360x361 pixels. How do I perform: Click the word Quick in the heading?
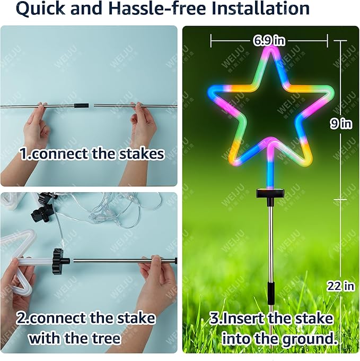(x=43, y=9)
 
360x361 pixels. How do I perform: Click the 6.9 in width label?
(x=269, y=40)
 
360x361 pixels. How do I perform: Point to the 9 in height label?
(x=341, y=124)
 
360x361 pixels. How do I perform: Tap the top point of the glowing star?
(x=270, y=50)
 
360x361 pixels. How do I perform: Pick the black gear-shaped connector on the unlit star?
(x=60, y=260)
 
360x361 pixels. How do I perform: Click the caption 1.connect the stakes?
(x=92, y=154)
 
